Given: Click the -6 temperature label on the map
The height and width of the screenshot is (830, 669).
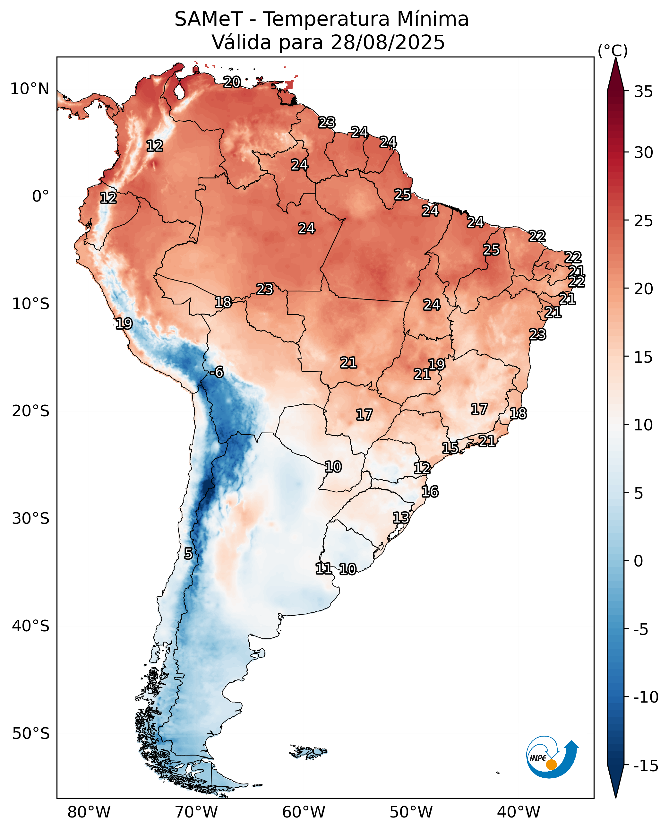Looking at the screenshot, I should [x=217, y=372].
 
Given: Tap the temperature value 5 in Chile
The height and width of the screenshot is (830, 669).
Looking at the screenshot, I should [x=188, y=554].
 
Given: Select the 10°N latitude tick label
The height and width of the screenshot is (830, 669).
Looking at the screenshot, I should [x=30, y=89].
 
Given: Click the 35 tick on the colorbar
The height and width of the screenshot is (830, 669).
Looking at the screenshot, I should [x=644, y=92].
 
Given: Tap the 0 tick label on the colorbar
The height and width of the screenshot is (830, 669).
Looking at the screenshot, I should [x=639, y=561].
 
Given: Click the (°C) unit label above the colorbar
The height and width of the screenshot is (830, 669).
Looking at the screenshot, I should [x=613, y=50].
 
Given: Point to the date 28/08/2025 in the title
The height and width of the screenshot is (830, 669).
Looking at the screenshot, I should [x=388, y=42].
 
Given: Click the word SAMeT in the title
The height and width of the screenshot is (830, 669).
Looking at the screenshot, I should [x=209, y=19].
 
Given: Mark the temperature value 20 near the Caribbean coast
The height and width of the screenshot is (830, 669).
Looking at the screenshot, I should [x=232, y=82].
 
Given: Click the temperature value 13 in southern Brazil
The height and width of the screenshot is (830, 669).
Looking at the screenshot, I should [x=401, y=517].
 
